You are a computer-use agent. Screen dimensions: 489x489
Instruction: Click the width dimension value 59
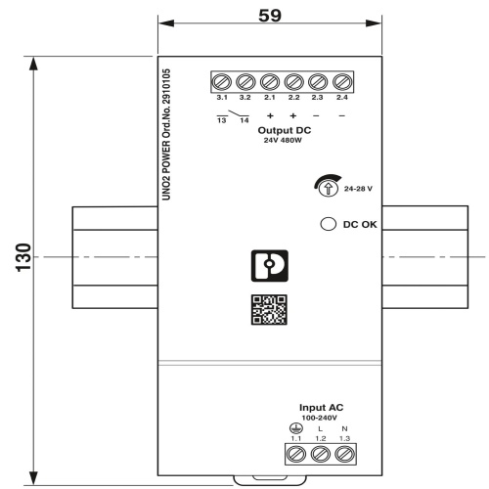tap(270, 16)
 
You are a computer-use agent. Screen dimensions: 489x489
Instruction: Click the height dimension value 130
tap(23, 257)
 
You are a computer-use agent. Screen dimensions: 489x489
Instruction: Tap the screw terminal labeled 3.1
tap(222, 82)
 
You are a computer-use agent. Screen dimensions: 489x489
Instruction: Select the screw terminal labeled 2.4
tap(342, 82)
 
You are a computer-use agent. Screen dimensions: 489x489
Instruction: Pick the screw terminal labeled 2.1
tap(270, 82)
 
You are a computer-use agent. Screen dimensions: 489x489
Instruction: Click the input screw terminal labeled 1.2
tap(321, 454)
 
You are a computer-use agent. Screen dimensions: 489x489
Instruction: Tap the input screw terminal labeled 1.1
tap(296, 454)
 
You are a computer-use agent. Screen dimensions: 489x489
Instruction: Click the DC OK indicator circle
tap(329, 224)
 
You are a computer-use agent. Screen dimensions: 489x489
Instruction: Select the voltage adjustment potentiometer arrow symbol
tap(328, 189)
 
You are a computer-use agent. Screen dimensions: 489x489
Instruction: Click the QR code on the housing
tap(269, 310)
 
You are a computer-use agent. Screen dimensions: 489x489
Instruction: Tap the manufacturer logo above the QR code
tap(270, 266)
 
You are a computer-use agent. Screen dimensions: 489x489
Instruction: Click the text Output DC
tap(285, 130)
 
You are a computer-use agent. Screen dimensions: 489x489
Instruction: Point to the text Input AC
tap(321, 408)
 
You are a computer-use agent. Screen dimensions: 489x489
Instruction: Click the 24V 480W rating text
tap(283, 141)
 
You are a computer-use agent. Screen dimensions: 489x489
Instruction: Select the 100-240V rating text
tap(319, 418)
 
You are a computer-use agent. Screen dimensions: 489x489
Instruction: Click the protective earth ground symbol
tap(296, 428)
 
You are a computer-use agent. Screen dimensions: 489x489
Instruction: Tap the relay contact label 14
tap(244, 120)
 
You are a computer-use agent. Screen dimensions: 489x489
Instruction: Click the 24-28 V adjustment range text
tap(358, 189)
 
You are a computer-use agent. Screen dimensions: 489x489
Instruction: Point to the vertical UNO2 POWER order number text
tap(166, 134)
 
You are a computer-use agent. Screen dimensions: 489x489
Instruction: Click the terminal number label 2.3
tap(317, 98)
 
